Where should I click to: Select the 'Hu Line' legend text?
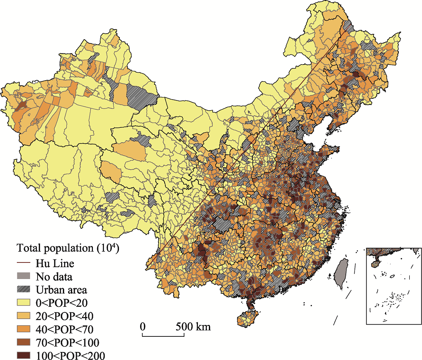tap(55, 263)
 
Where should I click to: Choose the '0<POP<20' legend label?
tap(62, 303)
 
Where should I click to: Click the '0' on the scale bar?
tap(143, 327)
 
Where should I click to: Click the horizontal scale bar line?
tap(163, 336)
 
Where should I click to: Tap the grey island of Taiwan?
tap(340, 273)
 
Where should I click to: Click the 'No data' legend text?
tap(54, 277)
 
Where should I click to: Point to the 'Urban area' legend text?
tap(61, 290)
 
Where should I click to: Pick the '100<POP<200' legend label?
tap(70, 355)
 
